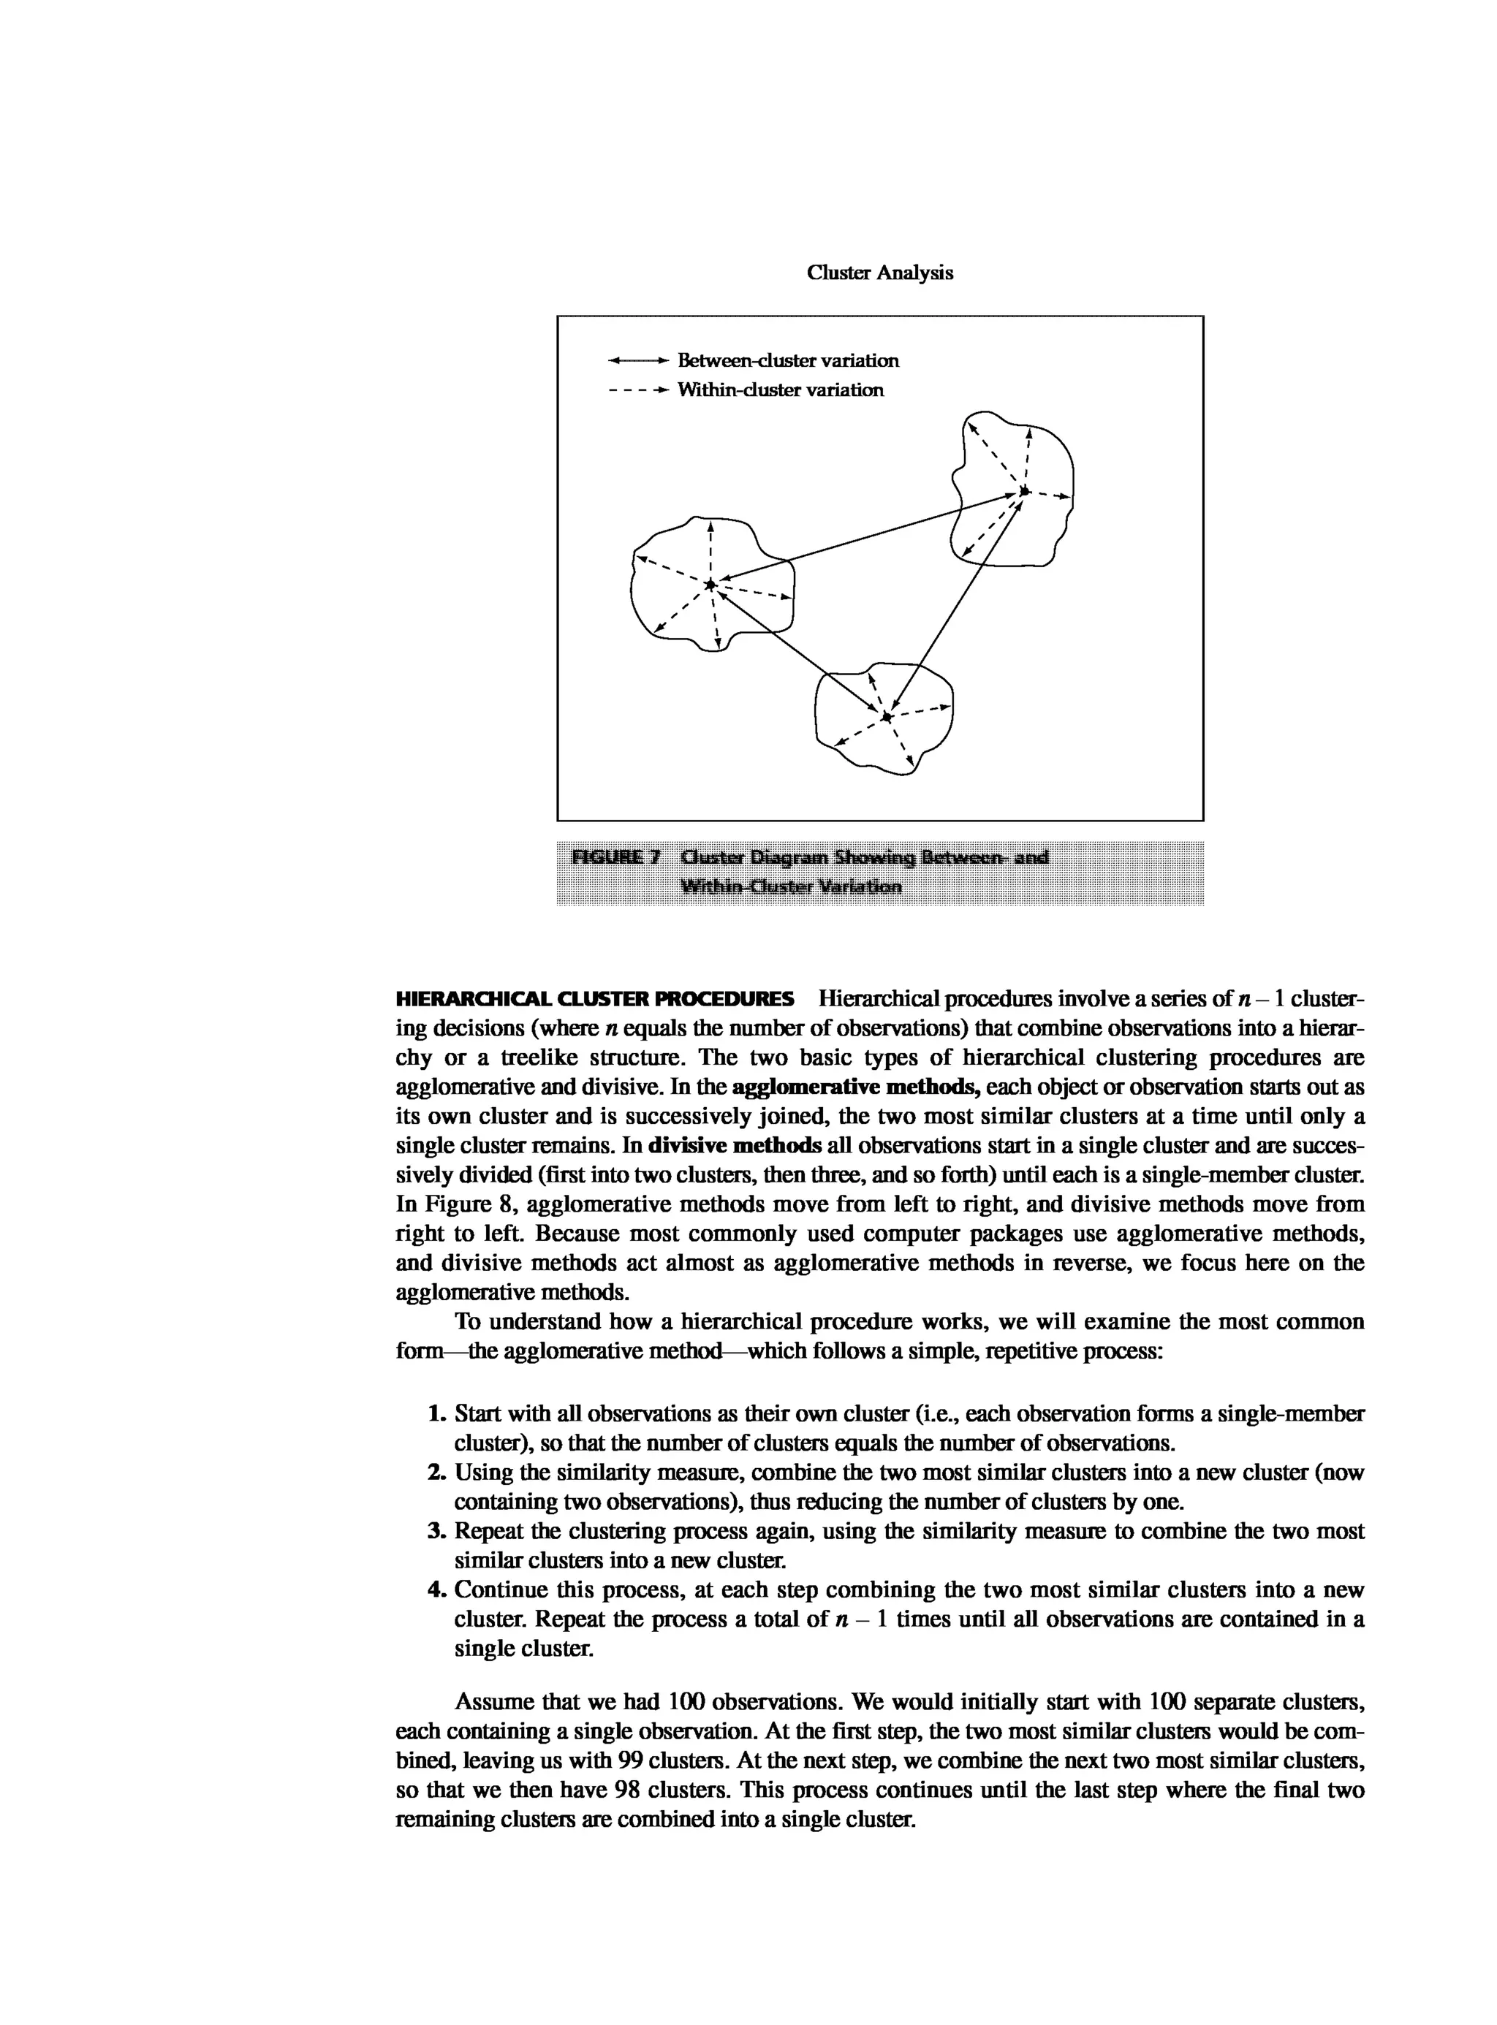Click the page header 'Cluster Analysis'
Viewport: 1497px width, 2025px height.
(x=879, y=273)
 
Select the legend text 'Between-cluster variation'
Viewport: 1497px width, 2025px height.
(x=789, y=360)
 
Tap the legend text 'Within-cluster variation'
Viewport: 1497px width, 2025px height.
(x=780, y=390)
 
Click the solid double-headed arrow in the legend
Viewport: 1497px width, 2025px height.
(x=639, y=360)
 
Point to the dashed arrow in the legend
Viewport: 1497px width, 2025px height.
(x=639, y=390)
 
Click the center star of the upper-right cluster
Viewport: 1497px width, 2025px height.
(x=1024, y=491)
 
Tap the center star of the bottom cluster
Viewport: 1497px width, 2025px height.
(x=887, y=717)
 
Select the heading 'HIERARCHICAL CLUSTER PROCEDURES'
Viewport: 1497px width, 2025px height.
(x=595, y=1000)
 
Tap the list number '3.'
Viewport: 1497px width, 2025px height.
(x=438, y=1531)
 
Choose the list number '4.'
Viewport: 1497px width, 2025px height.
(x=438, y=1590)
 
